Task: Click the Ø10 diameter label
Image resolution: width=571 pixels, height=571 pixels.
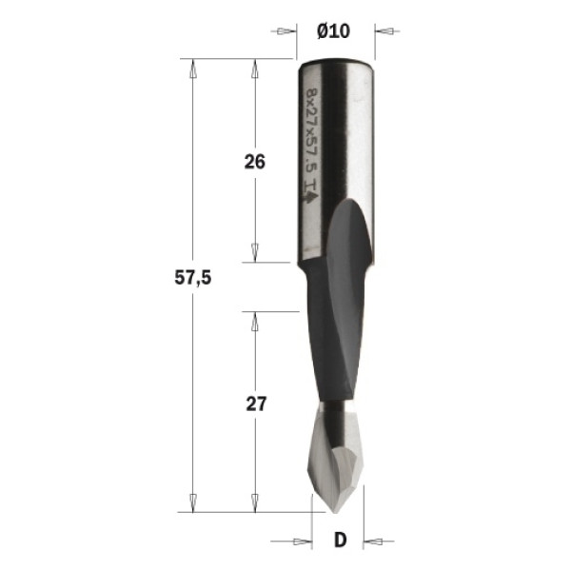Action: click(x=334, y=31)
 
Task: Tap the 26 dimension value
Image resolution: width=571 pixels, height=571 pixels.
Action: click(x=254, y=162)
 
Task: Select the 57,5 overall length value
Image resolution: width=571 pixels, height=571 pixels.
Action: click(x=192, y=278)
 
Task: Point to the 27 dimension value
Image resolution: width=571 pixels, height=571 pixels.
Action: click(x=256, y=404)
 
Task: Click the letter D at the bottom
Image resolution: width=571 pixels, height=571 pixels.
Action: click(x=340, y=540)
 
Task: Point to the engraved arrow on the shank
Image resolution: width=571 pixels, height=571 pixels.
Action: click(x=310, y=197)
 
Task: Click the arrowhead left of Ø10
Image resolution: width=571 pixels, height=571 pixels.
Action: click(x=286, y=31)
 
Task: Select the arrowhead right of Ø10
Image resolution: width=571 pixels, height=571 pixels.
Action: click(x=384, y=31)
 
